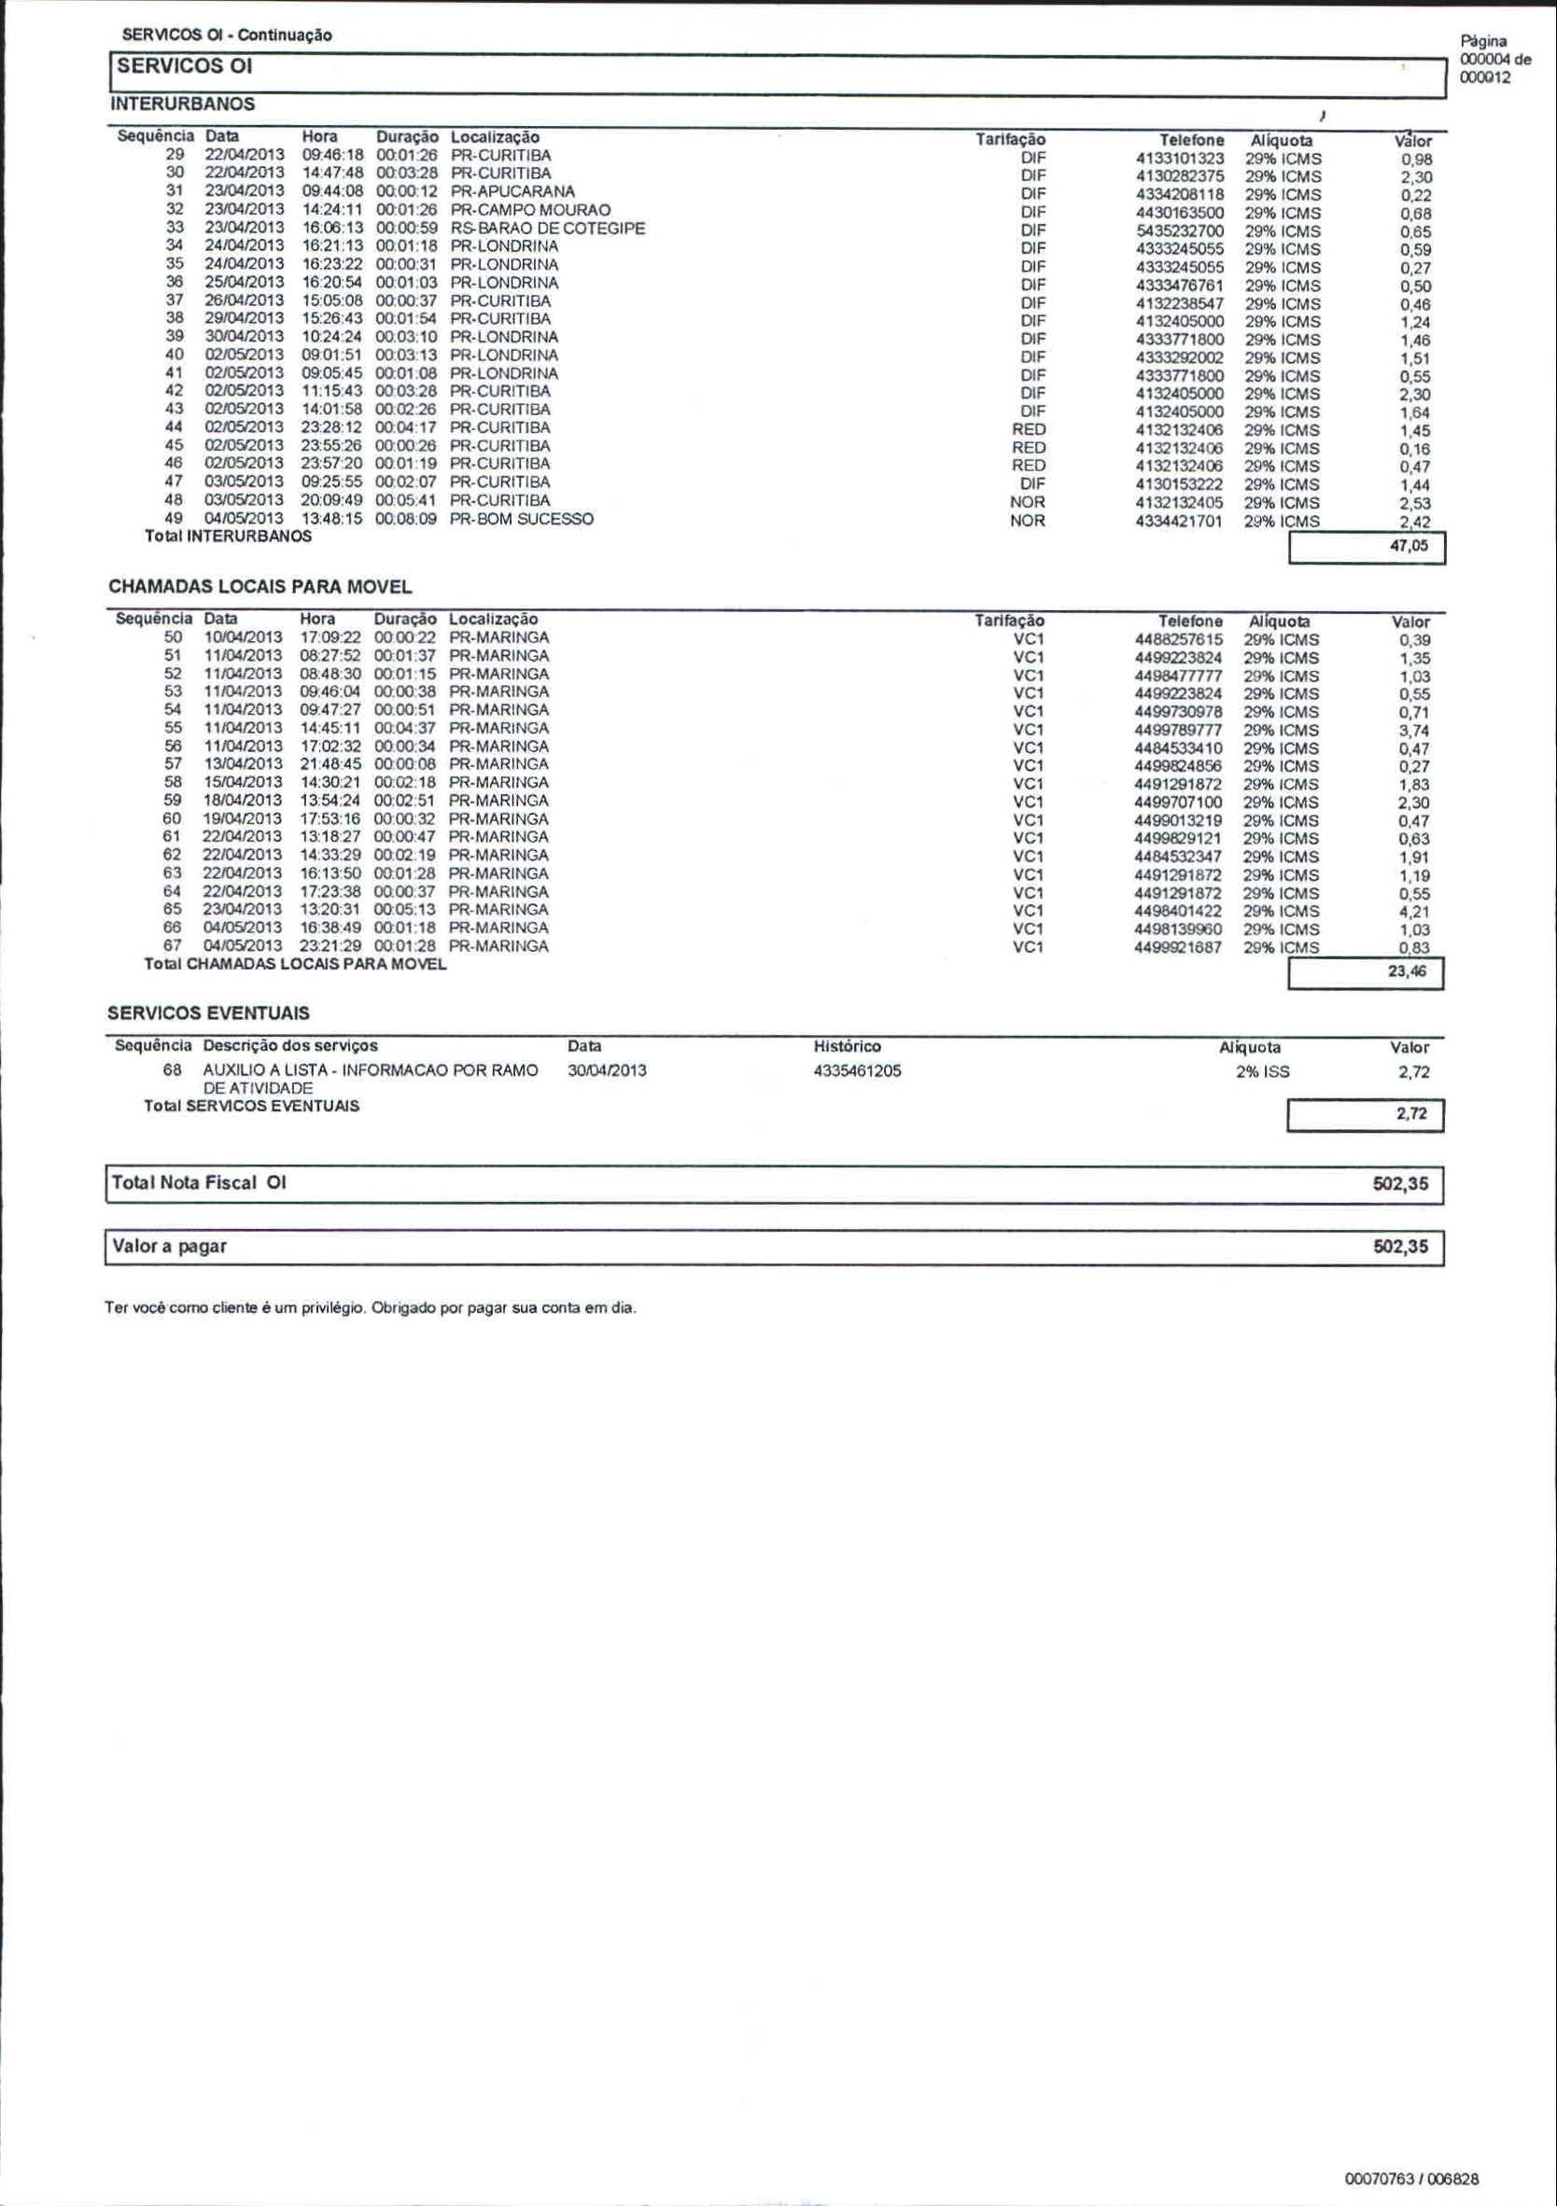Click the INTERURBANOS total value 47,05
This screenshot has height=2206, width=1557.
point(1409,547)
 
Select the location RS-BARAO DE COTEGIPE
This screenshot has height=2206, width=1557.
point(548,229)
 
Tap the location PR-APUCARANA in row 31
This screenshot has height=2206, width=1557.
point(512,191)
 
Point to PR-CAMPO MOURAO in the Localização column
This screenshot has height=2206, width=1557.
point(530,209)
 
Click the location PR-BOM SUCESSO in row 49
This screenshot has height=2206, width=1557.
point(522,519)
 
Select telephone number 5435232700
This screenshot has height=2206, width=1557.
point(1179,231)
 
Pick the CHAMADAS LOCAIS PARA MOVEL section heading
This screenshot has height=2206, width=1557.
point(259,587)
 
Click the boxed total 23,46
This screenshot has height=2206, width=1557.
point(1407,972)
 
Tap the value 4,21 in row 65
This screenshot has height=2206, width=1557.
point(1414,912)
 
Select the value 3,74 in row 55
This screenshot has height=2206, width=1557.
point(1414,731)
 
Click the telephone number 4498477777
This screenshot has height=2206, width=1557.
point(1178,677)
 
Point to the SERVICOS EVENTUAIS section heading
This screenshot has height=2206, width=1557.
point(208,1013)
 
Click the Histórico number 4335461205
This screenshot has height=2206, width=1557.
point(857,1071)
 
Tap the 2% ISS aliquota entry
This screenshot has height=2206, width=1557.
point(1263,1072)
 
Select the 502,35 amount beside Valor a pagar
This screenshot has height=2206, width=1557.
point(1400,1247)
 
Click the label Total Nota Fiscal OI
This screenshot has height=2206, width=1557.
point(199,1182)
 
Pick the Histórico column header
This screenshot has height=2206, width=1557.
point(847,1046)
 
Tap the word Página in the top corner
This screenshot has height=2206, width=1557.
point(1484,41)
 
